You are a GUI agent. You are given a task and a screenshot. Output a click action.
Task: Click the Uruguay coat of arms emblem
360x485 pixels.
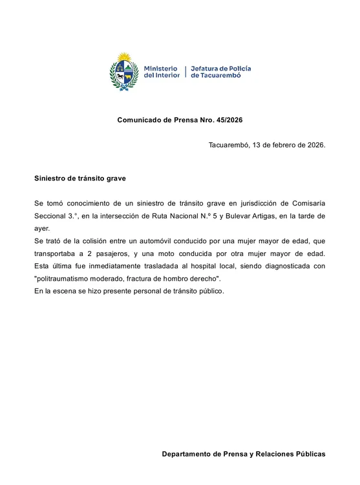(125, 72)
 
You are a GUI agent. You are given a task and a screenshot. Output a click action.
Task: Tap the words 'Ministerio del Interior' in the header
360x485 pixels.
(162, 72)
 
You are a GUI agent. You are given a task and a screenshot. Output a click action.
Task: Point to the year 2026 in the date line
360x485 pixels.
(313, 144)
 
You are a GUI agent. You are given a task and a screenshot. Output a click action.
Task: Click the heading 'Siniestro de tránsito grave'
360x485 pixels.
(80, 177)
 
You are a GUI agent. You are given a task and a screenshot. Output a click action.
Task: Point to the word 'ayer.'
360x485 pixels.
(42, 228)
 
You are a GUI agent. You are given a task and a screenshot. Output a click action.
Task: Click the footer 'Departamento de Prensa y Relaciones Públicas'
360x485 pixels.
(243, 455)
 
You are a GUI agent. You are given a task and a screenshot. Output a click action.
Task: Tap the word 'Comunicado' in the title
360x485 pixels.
(140, 120)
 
